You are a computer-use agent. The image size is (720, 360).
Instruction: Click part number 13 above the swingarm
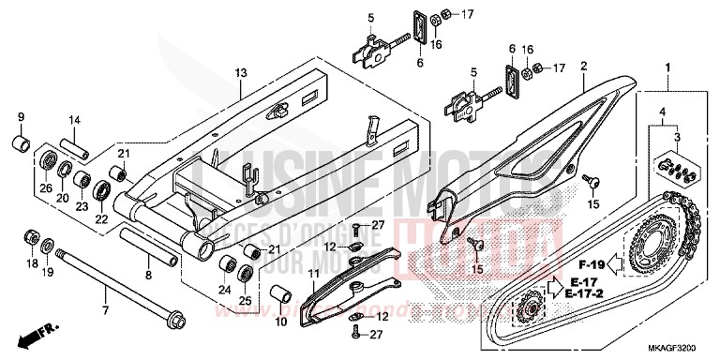coord(241,72)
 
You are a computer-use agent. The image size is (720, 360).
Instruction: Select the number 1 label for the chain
coord(667,67)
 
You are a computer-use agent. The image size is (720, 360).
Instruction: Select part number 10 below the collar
coord(278,322)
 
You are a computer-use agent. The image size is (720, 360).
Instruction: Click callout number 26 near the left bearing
coord(45,187)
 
